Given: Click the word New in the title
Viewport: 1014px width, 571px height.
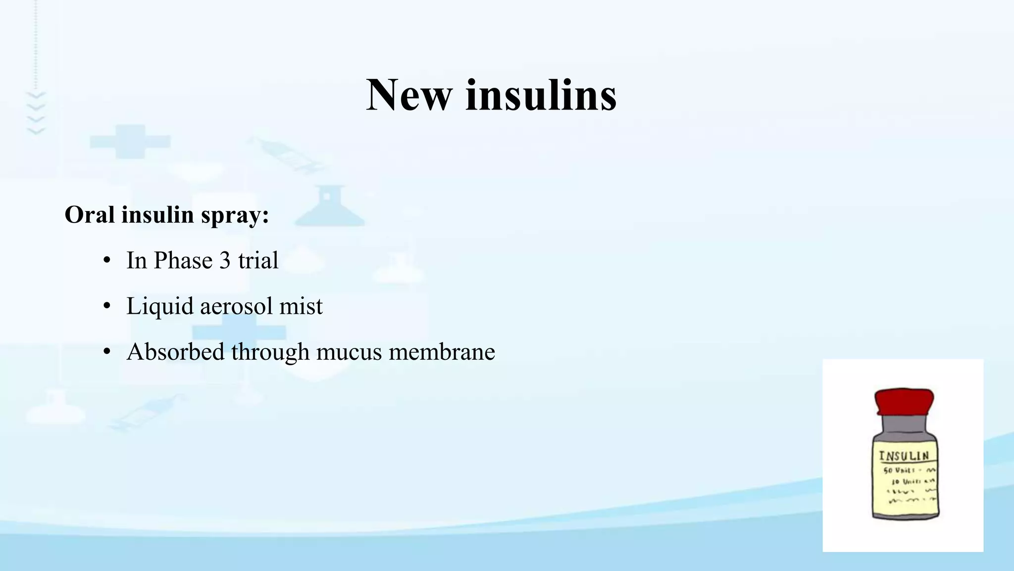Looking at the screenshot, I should (408, 95).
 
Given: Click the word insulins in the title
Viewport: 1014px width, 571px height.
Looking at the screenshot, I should (541, 95).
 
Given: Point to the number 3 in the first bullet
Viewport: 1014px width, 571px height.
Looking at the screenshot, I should (225, 261).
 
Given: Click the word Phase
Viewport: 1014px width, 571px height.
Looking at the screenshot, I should (183, 261).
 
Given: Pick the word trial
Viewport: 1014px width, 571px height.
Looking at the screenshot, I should (258, 261).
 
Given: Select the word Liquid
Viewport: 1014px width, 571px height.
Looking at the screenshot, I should (159, 306).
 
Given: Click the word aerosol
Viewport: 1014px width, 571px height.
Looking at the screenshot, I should (236, 306).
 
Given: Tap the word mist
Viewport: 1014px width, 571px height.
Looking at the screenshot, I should (301, 306).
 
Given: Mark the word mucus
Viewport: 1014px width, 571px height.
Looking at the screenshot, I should (349, 352).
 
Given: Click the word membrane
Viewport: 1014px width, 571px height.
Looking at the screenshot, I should (442, 352).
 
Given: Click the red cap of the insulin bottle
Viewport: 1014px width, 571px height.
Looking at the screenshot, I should (904, 400).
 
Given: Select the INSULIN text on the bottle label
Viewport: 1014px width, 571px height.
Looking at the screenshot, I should (904, 456).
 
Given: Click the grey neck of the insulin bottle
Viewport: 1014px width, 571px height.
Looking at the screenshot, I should (904, 425).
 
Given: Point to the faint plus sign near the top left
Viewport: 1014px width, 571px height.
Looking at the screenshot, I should (130, 142).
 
